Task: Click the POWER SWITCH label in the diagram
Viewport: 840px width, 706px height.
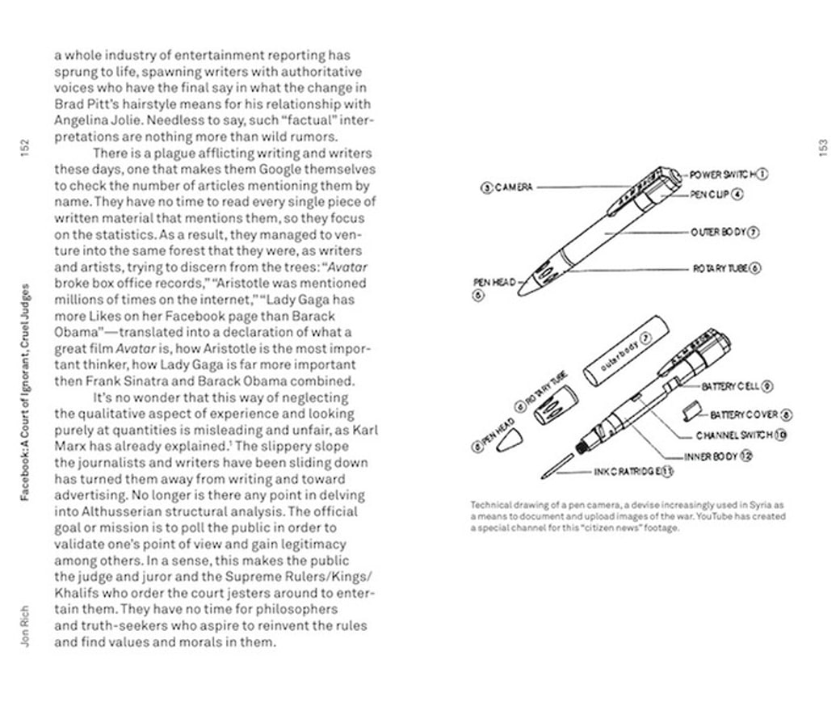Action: tap(722, 174)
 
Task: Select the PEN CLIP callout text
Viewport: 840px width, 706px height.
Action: tap(710, 195)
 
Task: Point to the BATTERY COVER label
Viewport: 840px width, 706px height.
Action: tap(743, 414)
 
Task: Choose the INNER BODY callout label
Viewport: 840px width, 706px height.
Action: tap(711, 456)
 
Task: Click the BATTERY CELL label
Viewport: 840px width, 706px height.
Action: tap(730, 387)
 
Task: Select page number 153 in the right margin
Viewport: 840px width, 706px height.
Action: tap(823, 148)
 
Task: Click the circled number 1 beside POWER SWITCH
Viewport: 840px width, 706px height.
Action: tap(762, 174)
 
